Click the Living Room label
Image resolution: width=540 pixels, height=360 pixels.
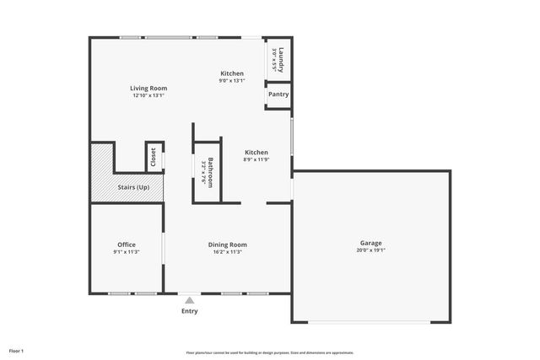148,88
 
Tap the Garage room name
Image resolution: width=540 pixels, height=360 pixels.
370,243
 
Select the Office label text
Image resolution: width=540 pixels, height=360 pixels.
126,244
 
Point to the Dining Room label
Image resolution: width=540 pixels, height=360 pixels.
227,244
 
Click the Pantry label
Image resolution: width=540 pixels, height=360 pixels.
278,94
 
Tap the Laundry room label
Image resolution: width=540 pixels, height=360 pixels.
281,58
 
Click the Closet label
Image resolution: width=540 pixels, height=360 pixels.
154,157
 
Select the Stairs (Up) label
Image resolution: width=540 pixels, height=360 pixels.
132,186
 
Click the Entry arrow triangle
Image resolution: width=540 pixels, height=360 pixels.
190,299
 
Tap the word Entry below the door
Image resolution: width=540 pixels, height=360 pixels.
190,311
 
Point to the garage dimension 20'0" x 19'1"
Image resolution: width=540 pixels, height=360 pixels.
370,250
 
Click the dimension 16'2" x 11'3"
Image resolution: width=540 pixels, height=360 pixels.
227,252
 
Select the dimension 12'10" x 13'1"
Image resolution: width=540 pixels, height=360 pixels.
148,95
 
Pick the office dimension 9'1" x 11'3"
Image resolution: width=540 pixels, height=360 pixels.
126,252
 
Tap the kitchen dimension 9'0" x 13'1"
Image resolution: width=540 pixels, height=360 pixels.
232,81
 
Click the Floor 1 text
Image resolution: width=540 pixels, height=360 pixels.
17,350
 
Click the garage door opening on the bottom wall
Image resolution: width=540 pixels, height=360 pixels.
371,321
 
